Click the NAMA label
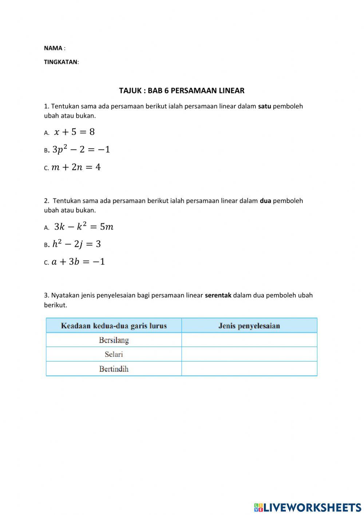(53, 48)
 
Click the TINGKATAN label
(61, 62)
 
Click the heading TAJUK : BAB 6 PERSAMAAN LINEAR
(182, 90)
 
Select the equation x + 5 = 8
(74, 132)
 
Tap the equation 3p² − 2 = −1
(81, 149)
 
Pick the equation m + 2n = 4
(76, 167)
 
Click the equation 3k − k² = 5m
(84, 227)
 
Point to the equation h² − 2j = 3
(76, 244)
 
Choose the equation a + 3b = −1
(78, 262)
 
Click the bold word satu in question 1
(265, 106)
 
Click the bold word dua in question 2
(265, 201)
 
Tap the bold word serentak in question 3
(218, 295)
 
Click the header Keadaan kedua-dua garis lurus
(114, 325)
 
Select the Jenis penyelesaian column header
(249, 325)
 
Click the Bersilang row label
(114, 340)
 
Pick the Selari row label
(114, 354)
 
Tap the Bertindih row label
(114, 369)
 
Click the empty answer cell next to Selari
(249, 354)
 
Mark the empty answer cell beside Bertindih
(249, 369)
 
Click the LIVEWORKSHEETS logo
(308, 507)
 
